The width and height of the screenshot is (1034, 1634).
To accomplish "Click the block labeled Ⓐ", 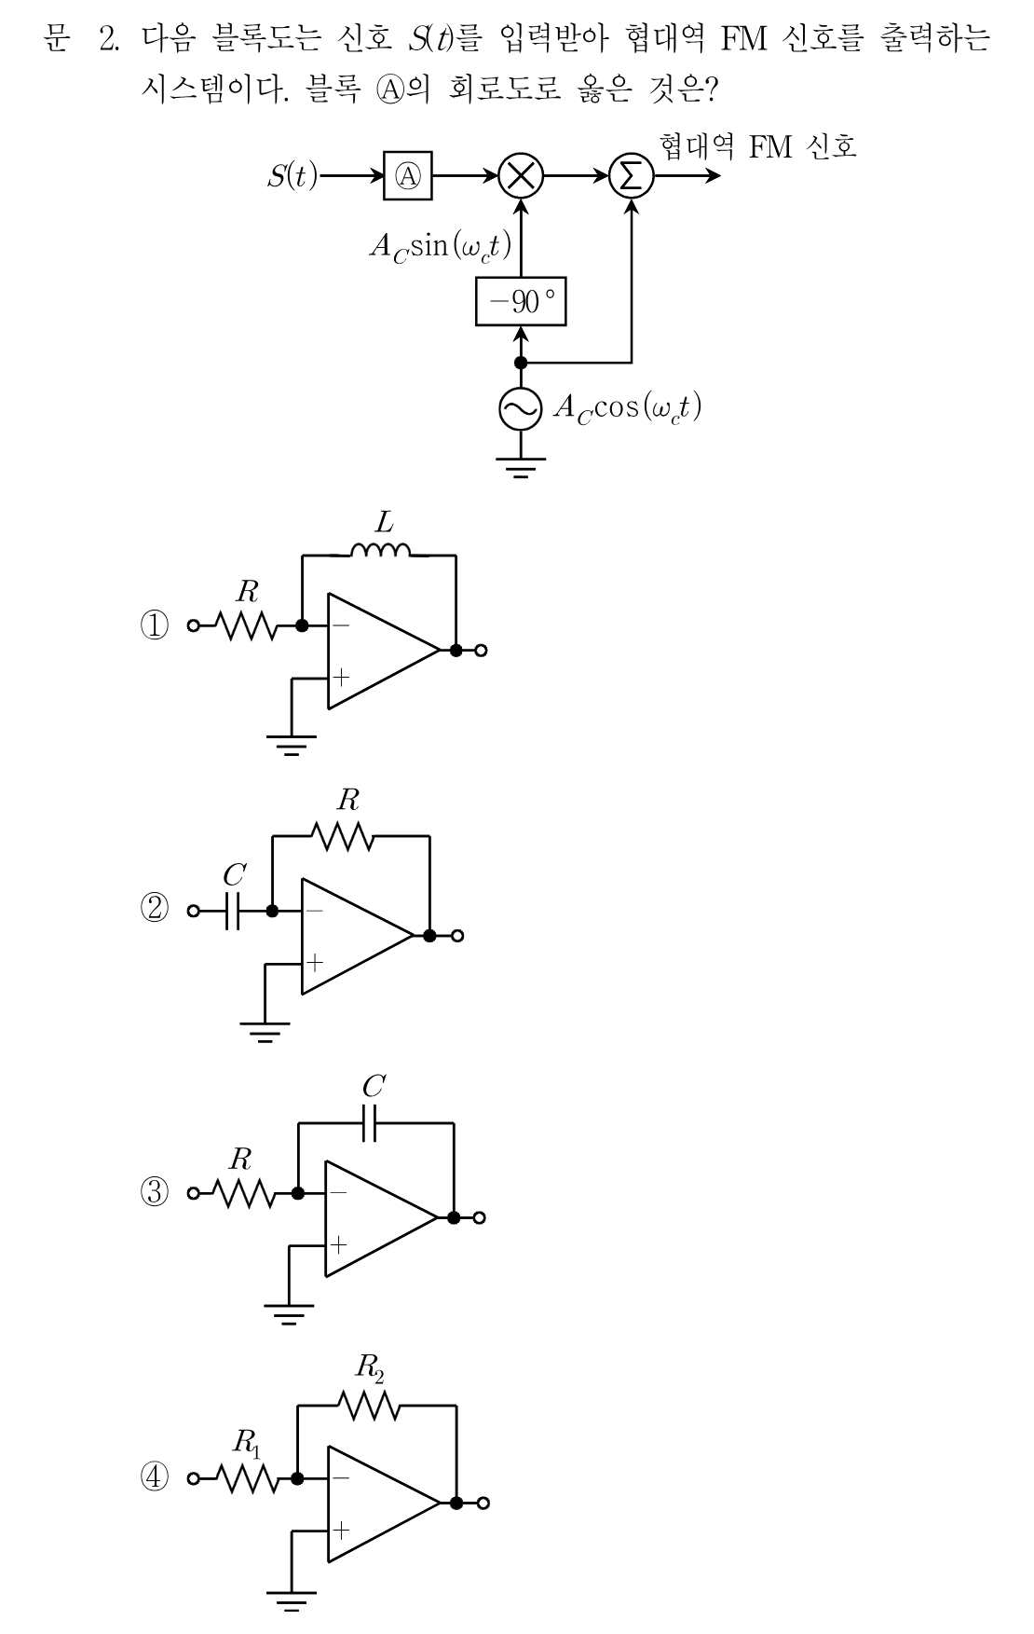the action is pyautogui.click(x=409, y=175).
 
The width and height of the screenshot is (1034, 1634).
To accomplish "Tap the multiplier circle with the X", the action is pyautogui.click(x=521, y=175).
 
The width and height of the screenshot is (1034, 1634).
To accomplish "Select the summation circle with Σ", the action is pyautogui.click(x=632, y=175).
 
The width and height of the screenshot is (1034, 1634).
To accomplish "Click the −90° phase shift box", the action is pyautogui.click(x=521, y=302).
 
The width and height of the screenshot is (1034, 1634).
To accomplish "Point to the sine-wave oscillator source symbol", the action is pyautogui.click(x=520, y=408).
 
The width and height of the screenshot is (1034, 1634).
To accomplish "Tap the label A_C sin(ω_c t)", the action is pyautogui.click(x=440, y=247).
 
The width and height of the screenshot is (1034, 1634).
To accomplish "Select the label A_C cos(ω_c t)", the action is pyautogui.click(x=627, y=408).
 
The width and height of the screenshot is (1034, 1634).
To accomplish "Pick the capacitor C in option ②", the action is pyautogui.click(x=233, y=911).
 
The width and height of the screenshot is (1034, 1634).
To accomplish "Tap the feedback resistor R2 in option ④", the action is pyautogui.click(x=369, y=1406).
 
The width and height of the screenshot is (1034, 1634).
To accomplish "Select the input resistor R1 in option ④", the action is pyautogui.click(x=246, y=1478).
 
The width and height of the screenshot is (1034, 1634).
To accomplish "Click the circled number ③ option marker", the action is pyautogui.click(x=155, y=1192).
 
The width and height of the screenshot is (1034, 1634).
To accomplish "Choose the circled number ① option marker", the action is pyautogui.click(x=155, y=625).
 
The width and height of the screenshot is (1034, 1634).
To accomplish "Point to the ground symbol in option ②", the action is pyautogui.click(x=265, y=1031).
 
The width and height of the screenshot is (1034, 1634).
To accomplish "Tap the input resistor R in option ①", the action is pyautogui.click(x=246, y=625).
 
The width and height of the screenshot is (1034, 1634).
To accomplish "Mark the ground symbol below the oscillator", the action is pyautogui.click(x=520, y=466).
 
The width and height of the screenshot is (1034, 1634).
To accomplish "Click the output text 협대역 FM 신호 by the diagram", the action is pyautogui.click(x=757, y=146).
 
